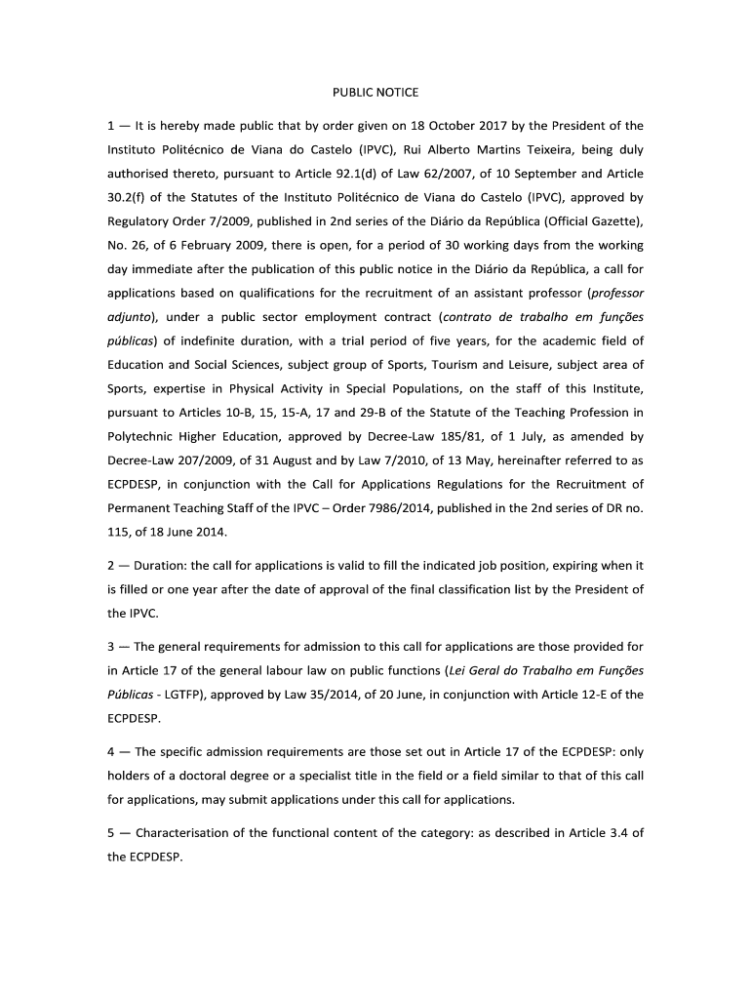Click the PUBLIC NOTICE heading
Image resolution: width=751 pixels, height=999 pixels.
pyautogui.click(x=375, y=93)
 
